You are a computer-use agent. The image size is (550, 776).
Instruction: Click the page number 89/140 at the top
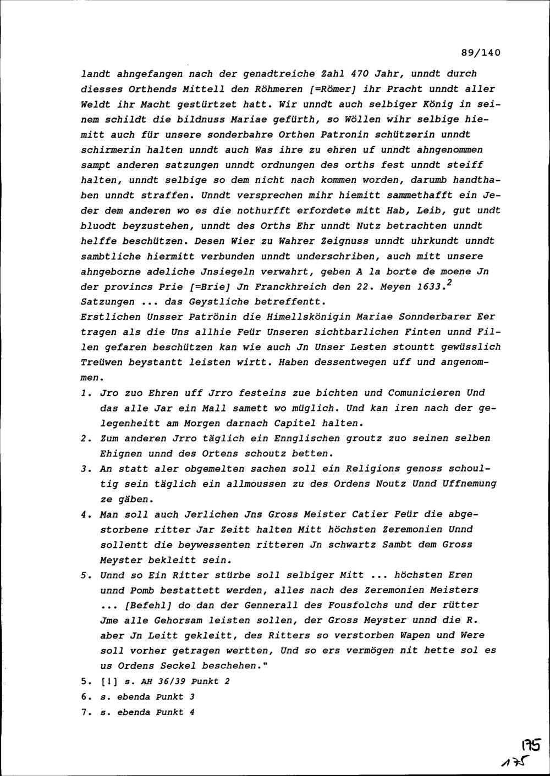(x=481, y=53)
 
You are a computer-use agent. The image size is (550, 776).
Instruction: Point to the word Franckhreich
(x=282, y=286)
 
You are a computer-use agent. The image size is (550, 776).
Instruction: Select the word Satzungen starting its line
(x=108, y=302)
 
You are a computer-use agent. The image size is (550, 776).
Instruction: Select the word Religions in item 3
(x=373, y=469)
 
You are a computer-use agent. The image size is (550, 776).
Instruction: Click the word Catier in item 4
(x=369, y=514)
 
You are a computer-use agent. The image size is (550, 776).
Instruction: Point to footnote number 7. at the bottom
(x=85, y=712)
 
